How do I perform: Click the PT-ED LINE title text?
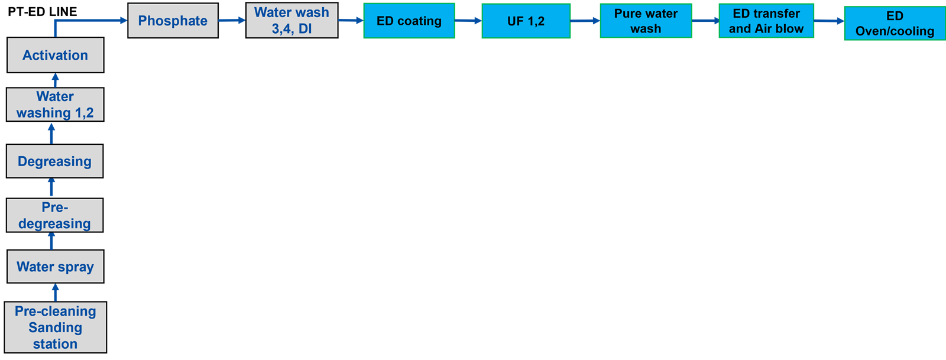click(x=42, y=11)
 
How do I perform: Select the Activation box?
click(x=56, y=55)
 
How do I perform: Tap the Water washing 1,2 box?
click(x=55, y=105)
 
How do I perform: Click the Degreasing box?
click(x=54, y=161)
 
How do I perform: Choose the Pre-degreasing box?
click(x=54, y=215)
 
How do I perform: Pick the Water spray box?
click(x=56, y=267)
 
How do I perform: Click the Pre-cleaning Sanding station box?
click(x=56, y=327)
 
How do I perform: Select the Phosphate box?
click(x=173, y=20)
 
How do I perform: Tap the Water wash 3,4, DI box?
click(x=292, y=20)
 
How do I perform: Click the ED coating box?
click(x=409, y=21)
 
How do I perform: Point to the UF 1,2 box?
click(x=526, y=21)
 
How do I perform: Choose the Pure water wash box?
click(x=646, y=21)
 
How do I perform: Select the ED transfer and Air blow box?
click(x=766, y=21)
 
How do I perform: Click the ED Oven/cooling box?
click(x=895, y=23)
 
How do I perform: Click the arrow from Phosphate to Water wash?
click(x=232, y=20)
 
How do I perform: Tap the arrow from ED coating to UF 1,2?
click(x=468, y=20)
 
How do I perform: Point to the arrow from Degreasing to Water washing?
click(x=51, y=134)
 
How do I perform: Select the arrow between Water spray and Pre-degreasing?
click(x=51, y=241)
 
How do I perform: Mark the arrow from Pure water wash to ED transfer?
click(x=706, y=20)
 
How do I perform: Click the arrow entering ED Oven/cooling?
click(x=829, y=21)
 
